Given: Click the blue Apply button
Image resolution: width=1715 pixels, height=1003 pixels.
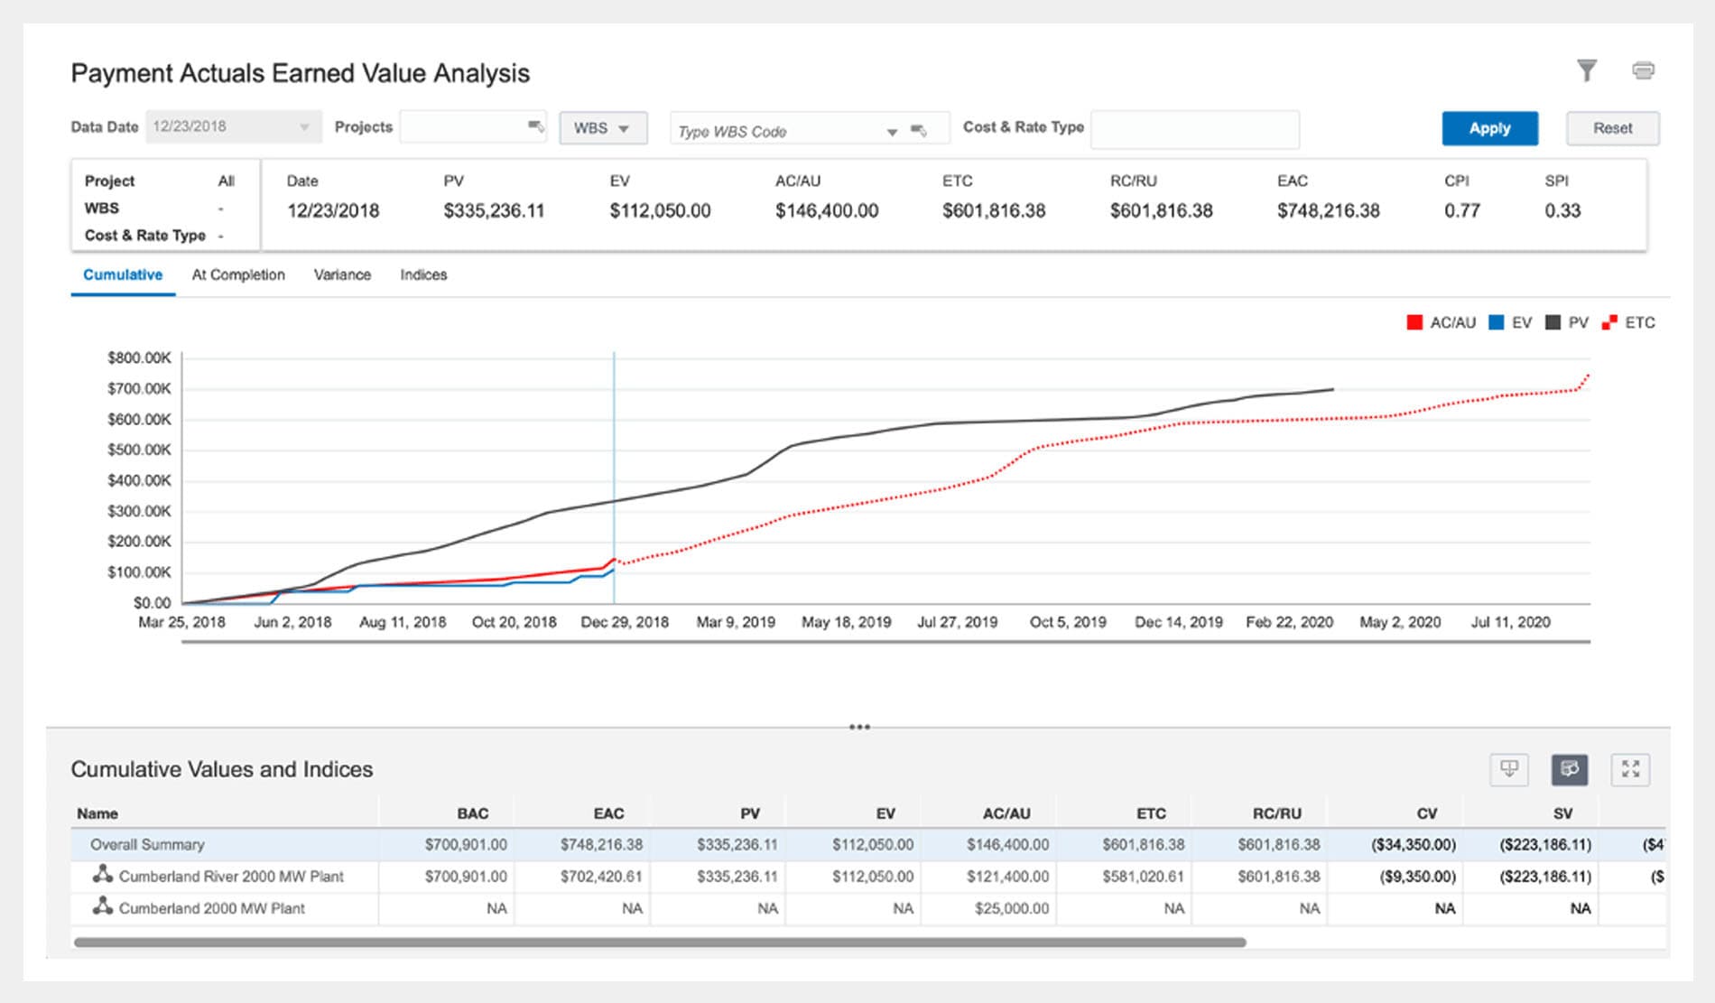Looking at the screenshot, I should [x=1488, y=128].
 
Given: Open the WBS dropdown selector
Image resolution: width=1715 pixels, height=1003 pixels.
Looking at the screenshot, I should [x=602, y=128].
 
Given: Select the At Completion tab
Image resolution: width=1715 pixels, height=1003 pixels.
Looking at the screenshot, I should [x=238, y=274].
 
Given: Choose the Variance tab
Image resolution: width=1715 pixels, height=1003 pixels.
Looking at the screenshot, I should [x=342, y=274].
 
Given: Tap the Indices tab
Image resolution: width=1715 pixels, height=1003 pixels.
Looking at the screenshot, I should [x=423, y=274].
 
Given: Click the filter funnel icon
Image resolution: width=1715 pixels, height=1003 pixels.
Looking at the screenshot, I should [x=1586, y=70].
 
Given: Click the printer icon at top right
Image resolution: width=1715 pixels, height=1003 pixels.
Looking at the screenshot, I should [x=1643, y=70].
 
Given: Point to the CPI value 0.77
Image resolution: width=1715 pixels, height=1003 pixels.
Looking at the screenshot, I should [x=1461, y=211].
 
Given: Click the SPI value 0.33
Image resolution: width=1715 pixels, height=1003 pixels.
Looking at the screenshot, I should [x=1562, y=211].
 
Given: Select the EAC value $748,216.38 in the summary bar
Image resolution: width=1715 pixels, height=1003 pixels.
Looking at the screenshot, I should [x=1328, y=211].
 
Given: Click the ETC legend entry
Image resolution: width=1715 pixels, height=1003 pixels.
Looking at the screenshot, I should [x=1629, y=322].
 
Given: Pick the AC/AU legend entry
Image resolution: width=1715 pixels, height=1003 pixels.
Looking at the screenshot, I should [x=1442, y=322].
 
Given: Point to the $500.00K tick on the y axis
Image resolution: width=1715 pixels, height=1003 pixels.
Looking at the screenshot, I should [x=139, y=450].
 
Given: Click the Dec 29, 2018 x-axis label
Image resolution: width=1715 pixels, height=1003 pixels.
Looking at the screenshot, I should [x=625, y=622].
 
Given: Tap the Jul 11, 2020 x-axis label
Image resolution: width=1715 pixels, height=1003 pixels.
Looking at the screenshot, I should [x=1510, y=622].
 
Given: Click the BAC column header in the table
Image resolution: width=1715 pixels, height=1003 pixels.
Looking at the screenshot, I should [x=472, y=813].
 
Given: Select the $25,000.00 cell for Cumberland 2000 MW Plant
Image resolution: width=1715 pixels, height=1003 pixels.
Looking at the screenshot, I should [x=1011, y=908].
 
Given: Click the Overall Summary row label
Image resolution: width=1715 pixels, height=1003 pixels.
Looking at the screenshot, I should [x=147, y=845].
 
